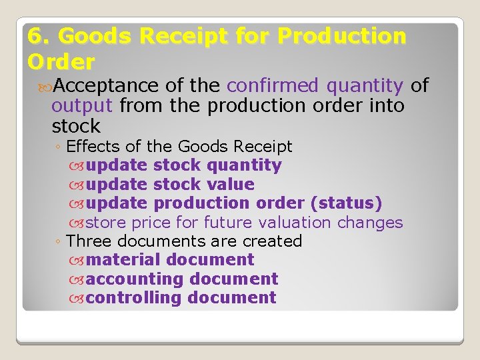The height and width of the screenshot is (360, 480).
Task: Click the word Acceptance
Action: (x=104, y=85)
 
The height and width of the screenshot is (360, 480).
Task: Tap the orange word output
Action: (x=81, y=105)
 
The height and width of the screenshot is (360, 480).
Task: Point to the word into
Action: (x=385, y=105)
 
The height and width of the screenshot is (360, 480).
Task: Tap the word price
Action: (x=151, y=222)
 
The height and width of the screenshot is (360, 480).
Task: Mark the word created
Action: (x=273, y=241)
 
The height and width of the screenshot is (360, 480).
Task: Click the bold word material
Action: (x=124, y=260)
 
